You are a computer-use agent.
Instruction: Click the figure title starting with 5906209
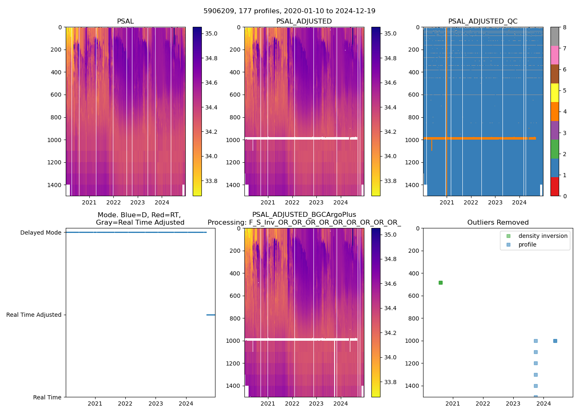pyautogui.click(x=289, y=11)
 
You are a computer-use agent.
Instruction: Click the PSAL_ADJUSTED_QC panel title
pyautogui.click(x=483, y=21)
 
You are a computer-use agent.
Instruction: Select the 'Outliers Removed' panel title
pyautogui.click(x=498, y=223)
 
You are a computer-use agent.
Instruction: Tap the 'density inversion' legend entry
pyautogui.click(x=543, y=236)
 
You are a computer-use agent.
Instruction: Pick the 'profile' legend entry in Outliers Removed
pyautogui.click(x=527, y=244)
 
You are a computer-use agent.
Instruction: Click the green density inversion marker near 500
pyautogui.click(x=440, y=282)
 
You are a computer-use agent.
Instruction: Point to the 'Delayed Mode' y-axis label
pyautogui.click(x=41, y=233)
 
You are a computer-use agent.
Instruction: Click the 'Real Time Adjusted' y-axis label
pyautogui.click(x=33, y=315)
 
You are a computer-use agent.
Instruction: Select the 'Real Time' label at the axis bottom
pyautogui.click(x=47, y=397)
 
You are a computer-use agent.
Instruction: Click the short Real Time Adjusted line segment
pyautogui.click(x=211, y=315)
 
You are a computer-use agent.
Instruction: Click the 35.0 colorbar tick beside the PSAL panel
pyautogui.click(x=211, y=33)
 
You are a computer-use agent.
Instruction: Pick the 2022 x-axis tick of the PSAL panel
pyautogui.click(x=113, y=202)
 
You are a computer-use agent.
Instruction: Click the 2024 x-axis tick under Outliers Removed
pyautogui.click(x=543, y=404)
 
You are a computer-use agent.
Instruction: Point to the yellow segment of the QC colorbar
pyautogui.click(x=555, y=93)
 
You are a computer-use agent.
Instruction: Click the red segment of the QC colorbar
pyautogui.click(x=555, y=186)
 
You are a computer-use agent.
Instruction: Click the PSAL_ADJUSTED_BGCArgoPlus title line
pyautogui.click(x=304, y=215)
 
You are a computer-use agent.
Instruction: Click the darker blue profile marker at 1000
pyautogui.click(x=555, y=341)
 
